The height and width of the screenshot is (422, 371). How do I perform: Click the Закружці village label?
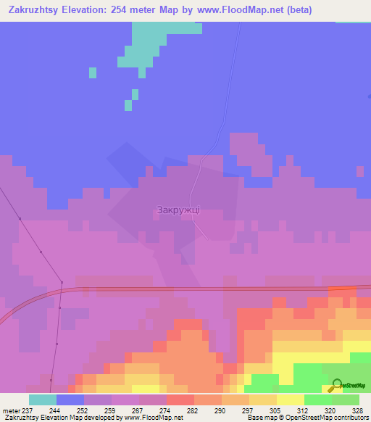[x=178, y=210]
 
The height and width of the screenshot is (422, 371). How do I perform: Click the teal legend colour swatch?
[x=42, y=400]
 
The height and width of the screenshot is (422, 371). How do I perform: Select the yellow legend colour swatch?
[x=291, y=400]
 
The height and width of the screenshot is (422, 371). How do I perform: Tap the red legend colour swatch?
[x=180, y=400]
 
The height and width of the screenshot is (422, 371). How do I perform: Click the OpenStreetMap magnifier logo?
[x=336, y=386]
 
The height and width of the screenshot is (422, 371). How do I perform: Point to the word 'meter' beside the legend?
[x=11, y=410]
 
